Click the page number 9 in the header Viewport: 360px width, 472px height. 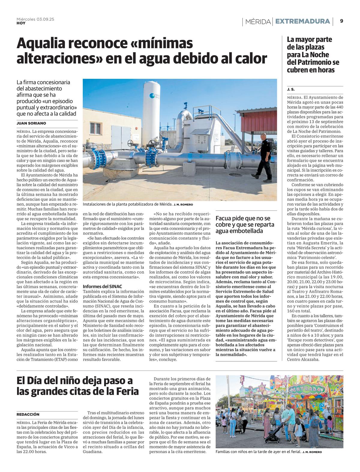coord(341,21)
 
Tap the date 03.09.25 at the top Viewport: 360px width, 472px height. coord(45,19)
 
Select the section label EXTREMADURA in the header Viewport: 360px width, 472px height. coord(302,21)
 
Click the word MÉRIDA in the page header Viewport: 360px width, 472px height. coord(258,22)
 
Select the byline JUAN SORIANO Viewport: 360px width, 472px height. coord(31,123)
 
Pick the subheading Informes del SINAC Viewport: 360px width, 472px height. coord(102,286)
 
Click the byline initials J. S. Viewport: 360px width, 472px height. coord(291,89)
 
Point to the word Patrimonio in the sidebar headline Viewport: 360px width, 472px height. coord(313,62)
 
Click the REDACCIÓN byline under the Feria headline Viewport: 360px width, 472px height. coord(28,414)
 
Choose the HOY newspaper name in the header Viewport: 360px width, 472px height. coord(21,23)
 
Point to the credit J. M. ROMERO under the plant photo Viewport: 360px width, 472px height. coord(183,205)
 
